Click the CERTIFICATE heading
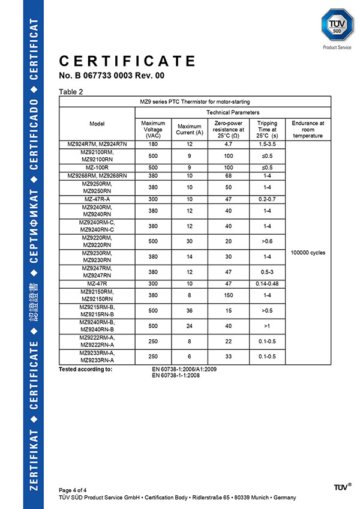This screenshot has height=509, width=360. tap(127, 61)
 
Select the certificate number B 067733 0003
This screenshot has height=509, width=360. tap(111, 76)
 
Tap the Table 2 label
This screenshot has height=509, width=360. tap(71, 92)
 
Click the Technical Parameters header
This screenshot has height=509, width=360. tap(233, 112)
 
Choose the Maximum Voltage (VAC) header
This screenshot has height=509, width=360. tap(152, 129)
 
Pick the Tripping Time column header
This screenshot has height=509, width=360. tap(266, 129)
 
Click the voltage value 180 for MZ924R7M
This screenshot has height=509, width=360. tap(152, 143)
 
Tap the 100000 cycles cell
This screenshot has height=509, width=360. tap(308, 253)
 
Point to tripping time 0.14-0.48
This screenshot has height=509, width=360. tap(266, 283)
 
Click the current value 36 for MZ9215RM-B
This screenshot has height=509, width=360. tap(190, 310)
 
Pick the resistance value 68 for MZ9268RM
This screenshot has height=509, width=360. tap(229, 175)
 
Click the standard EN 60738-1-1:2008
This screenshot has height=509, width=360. tap(176, 375)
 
